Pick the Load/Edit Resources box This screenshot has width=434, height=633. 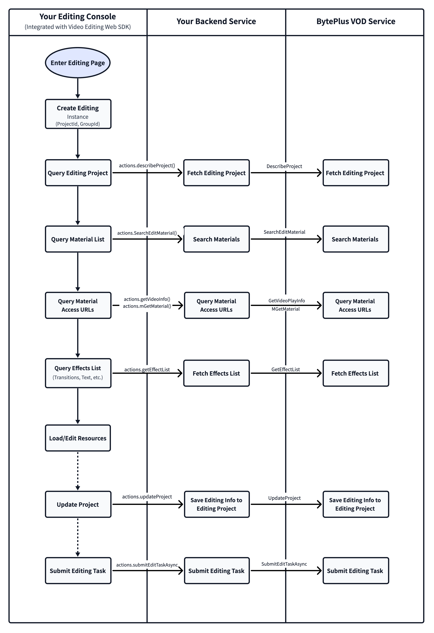click(x=78, y=438)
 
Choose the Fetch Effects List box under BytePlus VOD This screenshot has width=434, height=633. click(x=356, y=373)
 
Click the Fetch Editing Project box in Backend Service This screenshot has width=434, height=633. click(x=216, y=173)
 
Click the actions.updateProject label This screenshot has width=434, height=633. click(x=147, y=497)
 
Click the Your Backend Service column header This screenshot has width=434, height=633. click(x=216, y=21)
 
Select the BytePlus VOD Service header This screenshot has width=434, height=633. click(x=356, y=21)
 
